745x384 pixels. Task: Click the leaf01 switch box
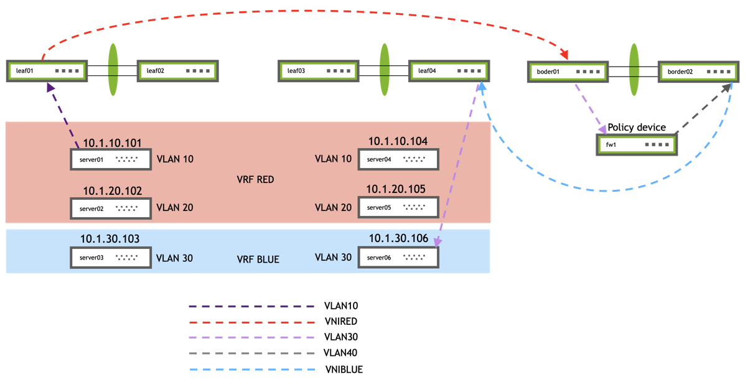point(47,71)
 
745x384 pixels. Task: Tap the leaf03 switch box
point(318,71)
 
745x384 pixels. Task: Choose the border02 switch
point(698,72)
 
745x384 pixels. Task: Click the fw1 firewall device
point(637,145)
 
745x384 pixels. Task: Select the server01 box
point(111,159)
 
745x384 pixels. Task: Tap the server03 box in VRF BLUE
point(111,258)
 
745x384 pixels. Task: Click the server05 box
point(398,208)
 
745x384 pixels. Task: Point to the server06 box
point(398,258)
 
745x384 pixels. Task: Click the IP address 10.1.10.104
point(398,142)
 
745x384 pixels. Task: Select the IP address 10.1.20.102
point(113,191)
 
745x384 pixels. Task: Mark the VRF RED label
point(255,179)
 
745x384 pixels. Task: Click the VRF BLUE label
point(258,260)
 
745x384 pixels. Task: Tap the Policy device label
point(636,128)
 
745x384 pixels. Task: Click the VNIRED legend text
point(341,322)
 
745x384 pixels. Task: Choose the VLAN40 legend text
point(341,353)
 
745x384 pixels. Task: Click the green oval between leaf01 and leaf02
point(113,70)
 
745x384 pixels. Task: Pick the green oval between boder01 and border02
point(634,70)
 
